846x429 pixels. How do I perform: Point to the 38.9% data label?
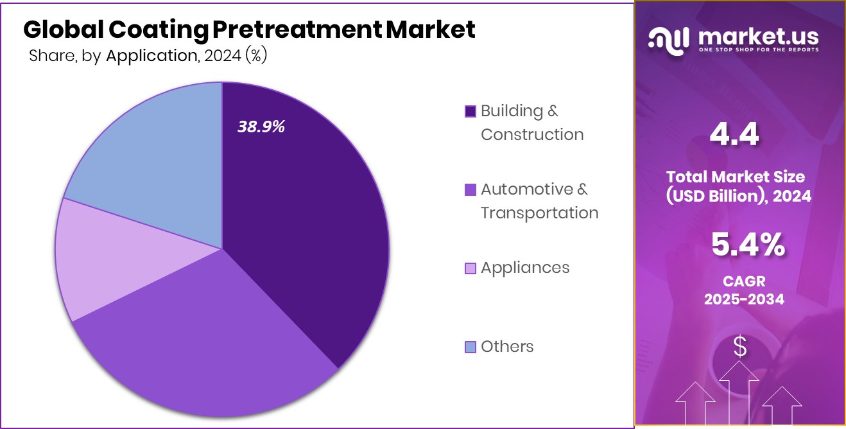(261, 127)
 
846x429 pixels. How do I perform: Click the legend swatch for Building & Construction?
(470, 112)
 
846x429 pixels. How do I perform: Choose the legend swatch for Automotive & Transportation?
(470, 190)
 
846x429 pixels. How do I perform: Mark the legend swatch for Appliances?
(470, 268)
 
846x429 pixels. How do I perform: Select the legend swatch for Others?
(470, 347)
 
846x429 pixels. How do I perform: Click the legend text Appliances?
(525, 268)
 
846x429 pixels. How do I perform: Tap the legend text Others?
(507, 347)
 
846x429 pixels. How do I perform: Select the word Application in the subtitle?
(151, 56)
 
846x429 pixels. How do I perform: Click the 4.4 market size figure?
(734, 135)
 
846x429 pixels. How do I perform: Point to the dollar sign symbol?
(740, 347)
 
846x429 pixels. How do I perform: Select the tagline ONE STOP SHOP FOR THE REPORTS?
(758, 50)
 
